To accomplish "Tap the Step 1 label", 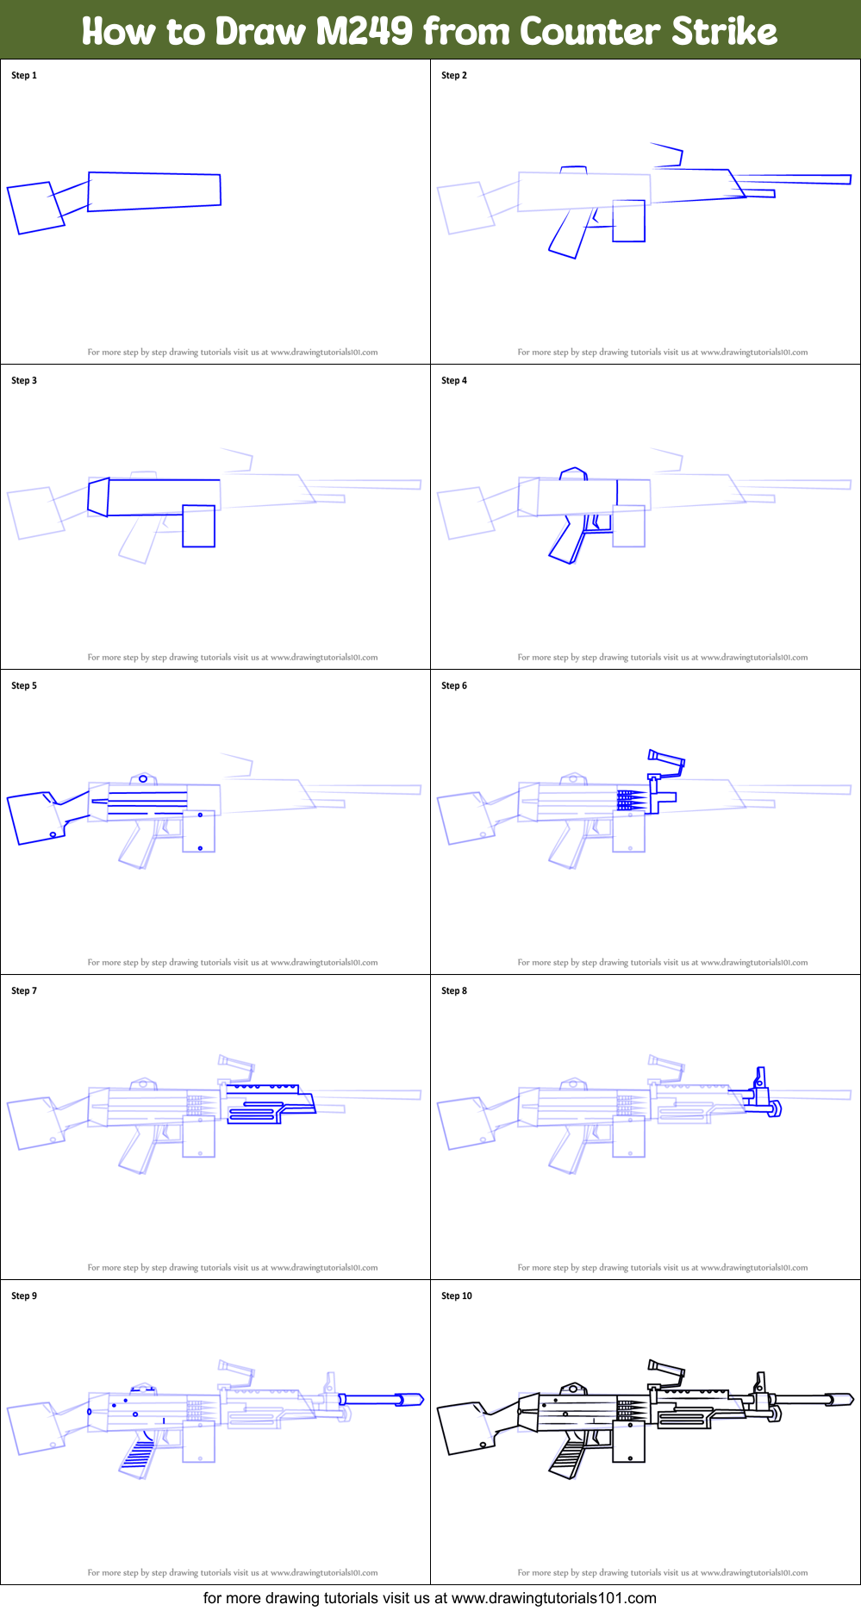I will point(24,76).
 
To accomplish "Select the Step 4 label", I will point(454,381).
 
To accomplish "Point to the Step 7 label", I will point(24,991).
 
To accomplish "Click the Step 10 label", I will point(457,1296).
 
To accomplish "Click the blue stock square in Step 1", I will point(35,208).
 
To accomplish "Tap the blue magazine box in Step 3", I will point(198,526).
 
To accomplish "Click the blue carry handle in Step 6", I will point(666,759).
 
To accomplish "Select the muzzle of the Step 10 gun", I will point(840,1399).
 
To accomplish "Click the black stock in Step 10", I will point(465,1427).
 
